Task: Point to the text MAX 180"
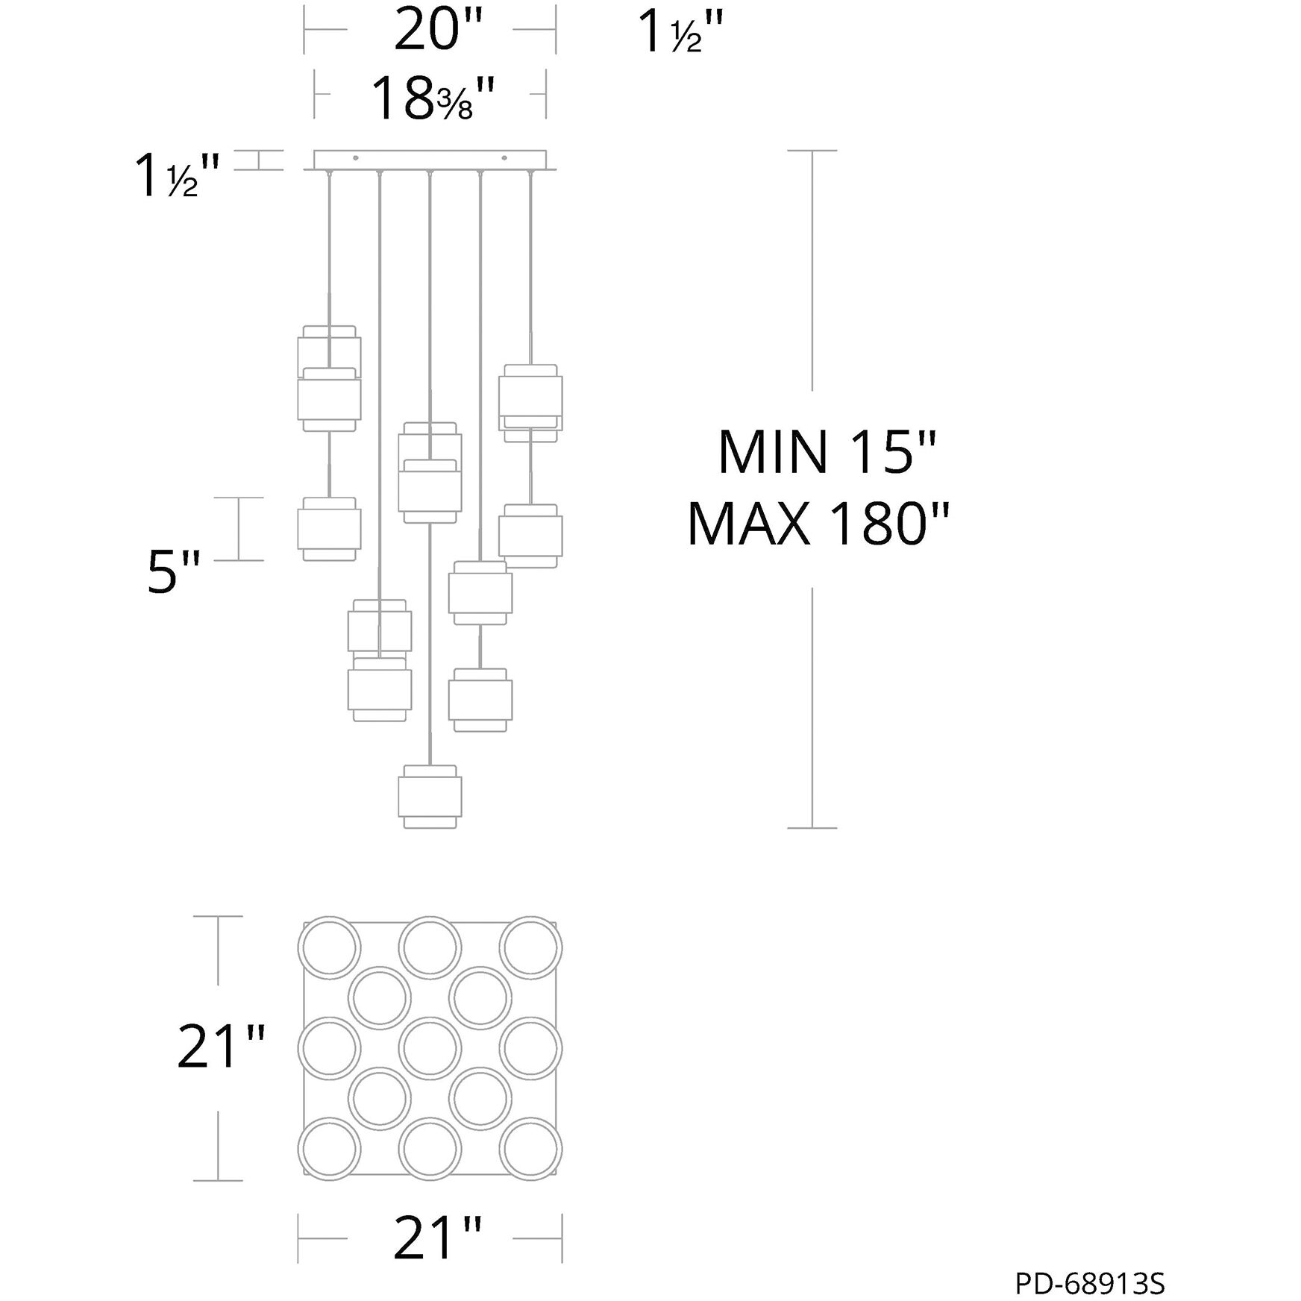point(819,524)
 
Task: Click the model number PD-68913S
point(1090,1284)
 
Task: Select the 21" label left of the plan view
point(221,1047)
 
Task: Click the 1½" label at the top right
point(680,33)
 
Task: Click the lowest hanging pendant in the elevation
point(430,796)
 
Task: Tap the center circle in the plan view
point(430,1048)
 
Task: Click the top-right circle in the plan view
point(530,947)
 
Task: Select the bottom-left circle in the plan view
point(329,1150)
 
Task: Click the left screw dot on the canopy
point(355,158)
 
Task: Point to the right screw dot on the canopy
point(504,158)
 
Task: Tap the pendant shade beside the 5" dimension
point(329,529)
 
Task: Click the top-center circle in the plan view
point(430,947)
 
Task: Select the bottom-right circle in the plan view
point(530,1150)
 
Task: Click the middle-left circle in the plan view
point(329,1048)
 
